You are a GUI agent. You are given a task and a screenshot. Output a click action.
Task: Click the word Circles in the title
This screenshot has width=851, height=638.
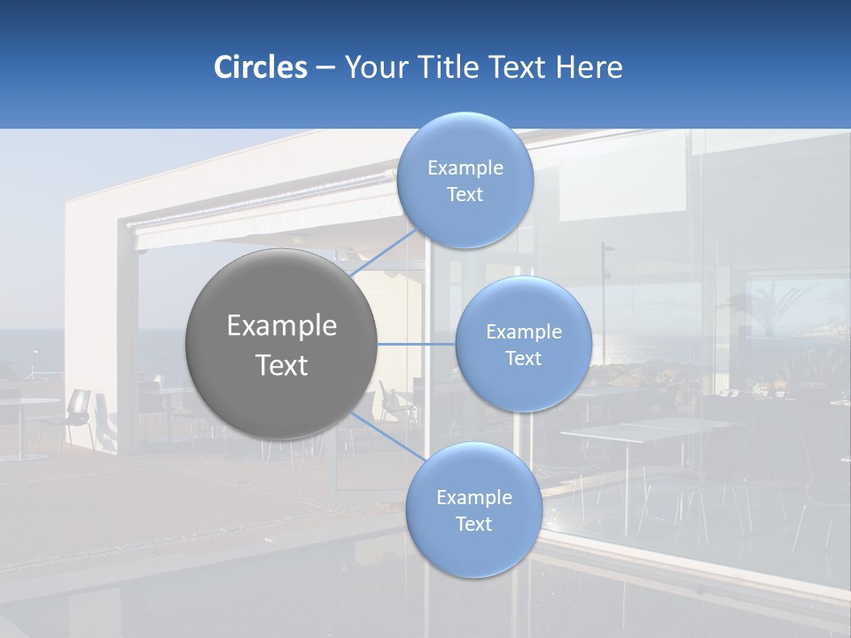(261, 67)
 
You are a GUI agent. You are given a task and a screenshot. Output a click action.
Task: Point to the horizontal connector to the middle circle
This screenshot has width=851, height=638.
(416, 344)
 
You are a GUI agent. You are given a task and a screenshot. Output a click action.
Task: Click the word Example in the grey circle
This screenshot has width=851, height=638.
(282, 326)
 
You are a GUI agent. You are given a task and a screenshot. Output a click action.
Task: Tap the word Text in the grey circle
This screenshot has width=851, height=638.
(282, 365)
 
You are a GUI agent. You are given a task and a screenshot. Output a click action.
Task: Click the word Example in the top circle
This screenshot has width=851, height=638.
(465, 168)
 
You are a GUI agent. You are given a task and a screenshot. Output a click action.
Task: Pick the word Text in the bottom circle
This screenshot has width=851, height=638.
(473, 524)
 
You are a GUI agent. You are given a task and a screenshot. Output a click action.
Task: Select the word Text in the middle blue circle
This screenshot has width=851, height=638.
(523, 358)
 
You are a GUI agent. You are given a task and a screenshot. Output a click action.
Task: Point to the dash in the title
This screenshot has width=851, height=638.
(325, 68)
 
